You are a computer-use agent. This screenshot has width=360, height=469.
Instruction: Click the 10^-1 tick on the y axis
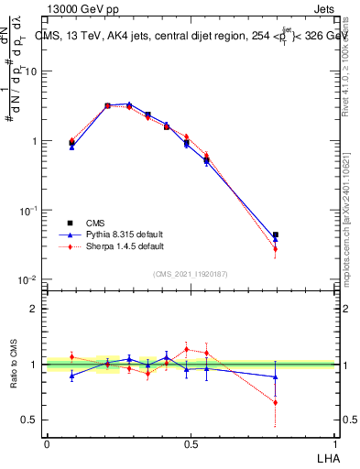[x=31, y=211]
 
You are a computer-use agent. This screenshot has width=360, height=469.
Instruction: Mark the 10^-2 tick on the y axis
[x=31, y=280]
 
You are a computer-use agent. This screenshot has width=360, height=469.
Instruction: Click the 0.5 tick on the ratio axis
[x=31, y=420]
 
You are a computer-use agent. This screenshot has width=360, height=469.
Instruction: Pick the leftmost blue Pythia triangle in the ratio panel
[x=71, y=376]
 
